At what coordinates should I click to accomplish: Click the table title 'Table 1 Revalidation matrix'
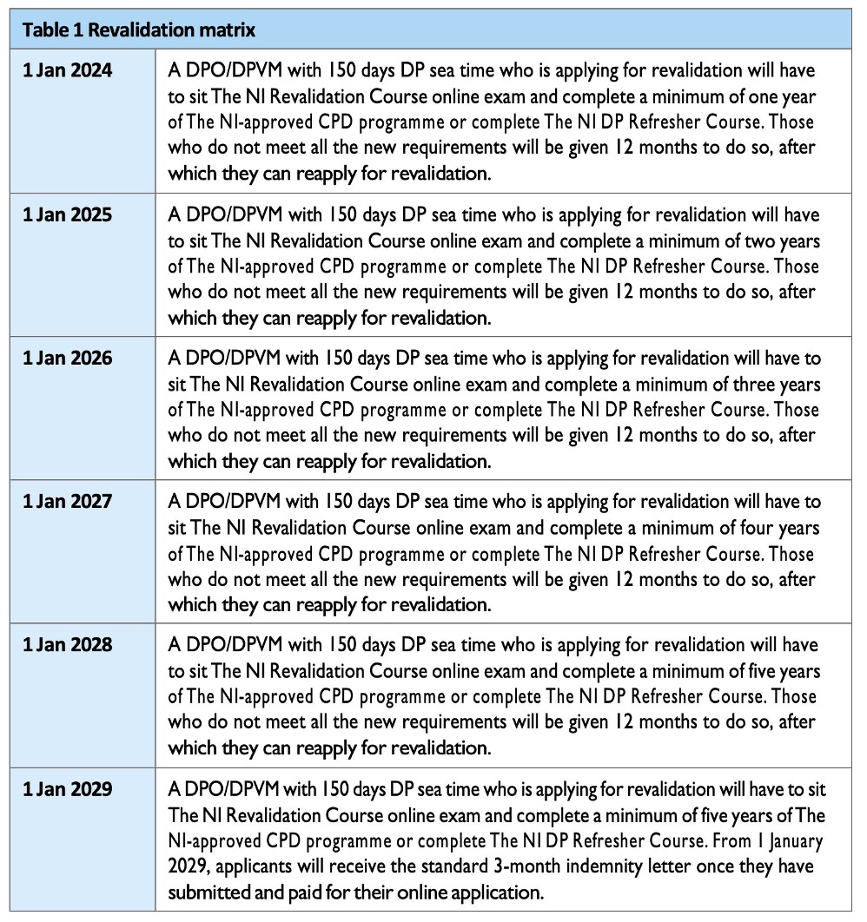coord(138,30)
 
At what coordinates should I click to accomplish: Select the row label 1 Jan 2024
coord(67,71)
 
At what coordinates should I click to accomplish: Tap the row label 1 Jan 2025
coord(67,214)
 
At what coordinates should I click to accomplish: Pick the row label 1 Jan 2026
coord(67,358)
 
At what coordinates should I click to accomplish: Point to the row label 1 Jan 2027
coord(67,502)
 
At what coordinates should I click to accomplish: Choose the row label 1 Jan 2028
coord(67,646)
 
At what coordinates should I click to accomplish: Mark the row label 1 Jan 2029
coord(67,790)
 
